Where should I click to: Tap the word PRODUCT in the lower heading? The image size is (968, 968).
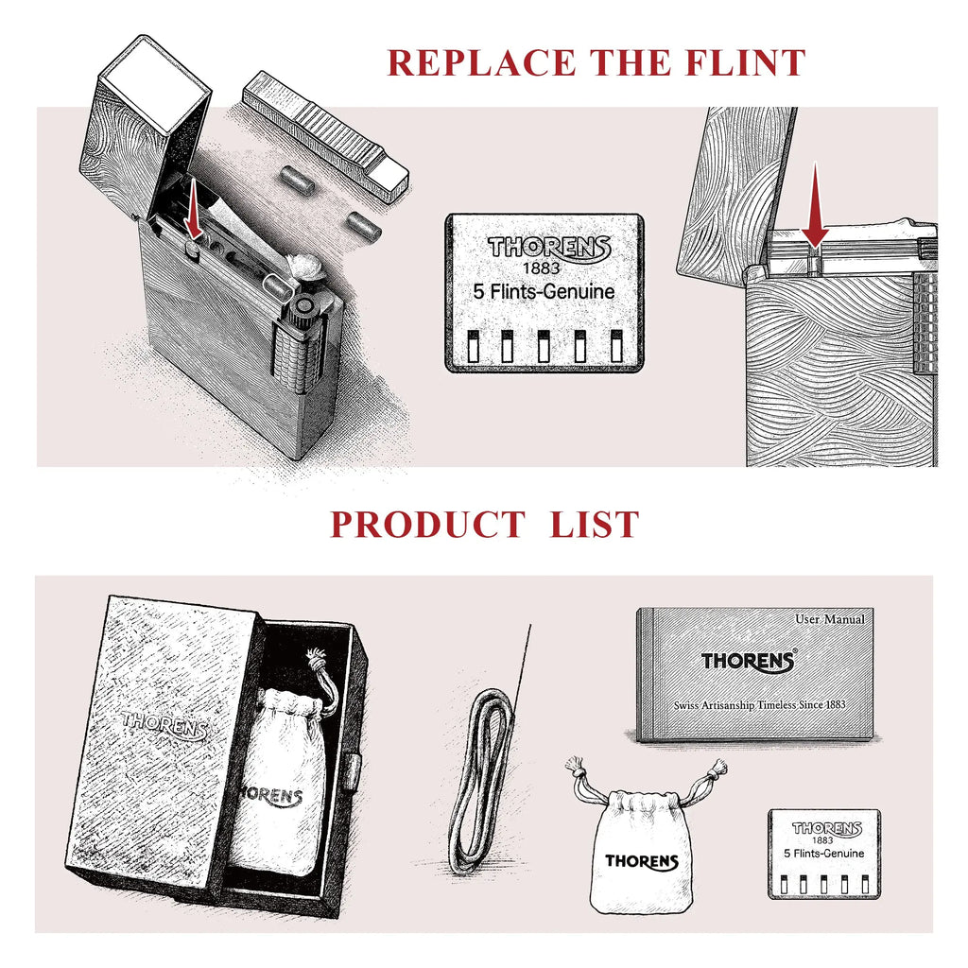click(x=428, y=525)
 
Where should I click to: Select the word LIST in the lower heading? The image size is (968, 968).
click(x=594, y=525)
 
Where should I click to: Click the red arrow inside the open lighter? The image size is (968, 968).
click(x=193, y=208)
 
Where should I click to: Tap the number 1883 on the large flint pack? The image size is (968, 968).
click(x=541, y=268)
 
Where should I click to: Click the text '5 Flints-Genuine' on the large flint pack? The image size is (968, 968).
click(x=544, y=291)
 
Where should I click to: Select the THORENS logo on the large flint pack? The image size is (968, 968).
click(x=549, y=248)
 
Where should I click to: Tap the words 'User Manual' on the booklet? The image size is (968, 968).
click(x=830, y=619)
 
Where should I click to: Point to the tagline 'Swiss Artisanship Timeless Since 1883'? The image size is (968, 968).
click(x=759, y=705)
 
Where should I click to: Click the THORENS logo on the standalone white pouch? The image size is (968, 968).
click(x=642, y=862)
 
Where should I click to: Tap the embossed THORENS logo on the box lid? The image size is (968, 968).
click(x=164, y=724)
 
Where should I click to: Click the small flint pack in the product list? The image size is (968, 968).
click(x=824, y=854)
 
